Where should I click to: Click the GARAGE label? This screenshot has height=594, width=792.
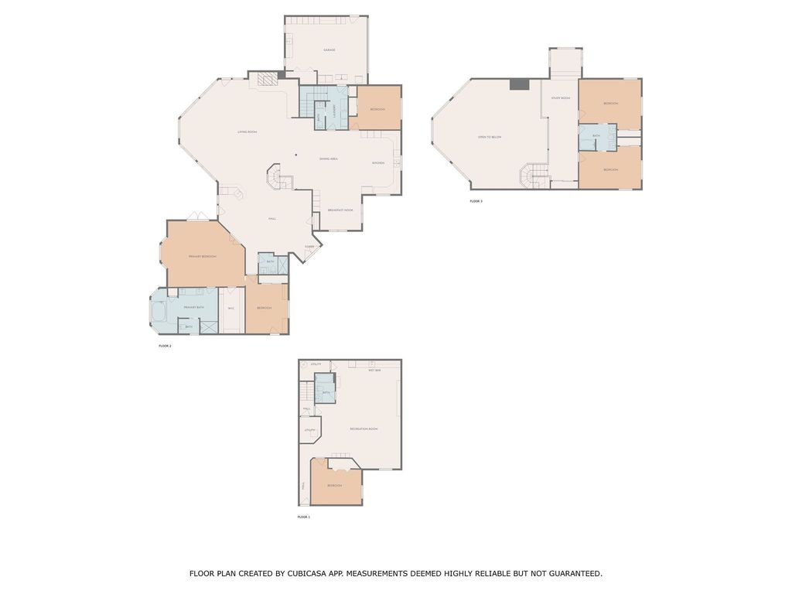(329, 50)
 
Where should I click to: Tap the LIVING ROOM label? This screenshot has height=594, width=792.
(247, 132)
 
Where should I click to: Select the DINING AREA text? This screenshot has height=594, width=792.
(329, 159)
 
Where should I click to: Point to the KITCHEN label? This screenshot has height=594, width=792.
(378, 163)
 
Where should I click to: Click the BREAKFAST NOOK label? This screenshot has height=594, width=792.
(340, 210)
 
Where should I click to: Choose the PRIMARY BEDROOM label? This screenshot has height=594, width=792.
(202, 256)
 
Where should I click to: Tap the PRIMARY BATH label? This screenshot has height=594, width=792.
(194, 308)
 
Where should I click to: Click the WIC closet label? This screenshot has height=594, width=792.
(230, 309)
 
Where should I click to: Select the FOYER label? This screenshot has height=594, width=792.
(309, 247)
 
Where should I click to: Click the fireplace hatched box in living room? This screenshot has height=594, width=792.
(266, 79)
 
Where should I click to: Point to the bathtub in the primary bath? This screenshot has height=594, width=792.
(159, 312)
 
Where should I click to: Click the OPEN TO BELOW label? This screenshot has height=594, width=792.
(490, 137)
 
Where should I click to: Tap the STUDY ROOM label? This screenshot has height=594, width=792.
(561, 98)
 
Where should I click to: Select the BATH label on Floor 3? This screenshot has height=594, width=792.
(596, 135)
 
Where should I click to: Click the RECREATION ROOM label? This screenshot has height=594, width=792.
(364, 428)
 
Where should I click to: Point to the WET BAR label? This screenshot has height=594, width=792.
(374, 370)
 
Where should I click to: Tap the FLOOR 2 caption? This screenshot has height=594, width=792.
(165, 346)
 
